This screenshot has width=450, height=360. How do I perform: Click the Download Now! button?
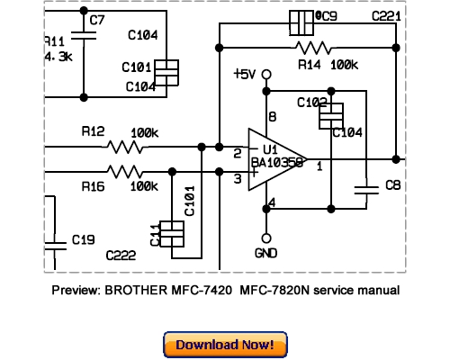point(225,345)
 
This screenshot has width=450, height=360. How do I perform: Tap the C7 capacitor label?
point(96,20)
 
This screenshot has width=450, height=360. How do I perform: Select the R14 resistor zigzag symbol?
point(311,47)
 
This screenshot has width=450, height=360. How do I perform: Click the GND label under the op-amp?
point(266,254)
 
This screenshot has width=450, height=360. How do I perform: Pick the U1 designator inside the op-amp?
point(269,149)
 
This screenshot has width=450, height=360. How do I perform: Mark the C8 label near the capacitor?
point(392,185)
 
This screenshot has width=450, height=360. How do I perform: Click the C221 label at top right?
point(386,17)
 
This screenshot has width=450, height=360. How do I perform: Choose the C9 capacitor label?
point(328,16)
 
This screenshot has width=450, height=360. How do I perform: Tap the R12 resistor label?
point(93,130)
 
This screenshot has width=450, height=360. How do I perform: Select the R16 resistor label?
point(93,186)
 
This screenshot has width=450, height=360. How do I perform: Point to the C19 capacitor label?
point(83,240)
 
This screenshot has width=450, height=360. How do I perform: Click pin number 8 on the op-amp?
point(272,117)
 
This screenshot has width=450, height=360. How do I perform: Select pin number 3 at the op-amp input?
point(238,179)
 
